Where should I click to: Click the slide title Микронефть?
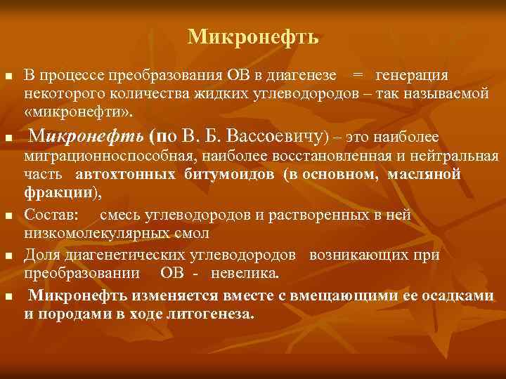click(x=253, y=37)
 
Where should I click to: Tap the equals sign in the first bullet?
click(x=358, y=75)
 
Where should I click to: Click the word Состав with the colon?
click(x=53, y=215)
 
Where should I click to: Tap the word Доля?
click(x=41, y=255)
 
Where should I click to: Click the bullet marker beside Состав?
click(x=8, y=216)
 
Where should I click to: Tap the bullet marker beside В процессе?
click(x=8, y=76)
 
